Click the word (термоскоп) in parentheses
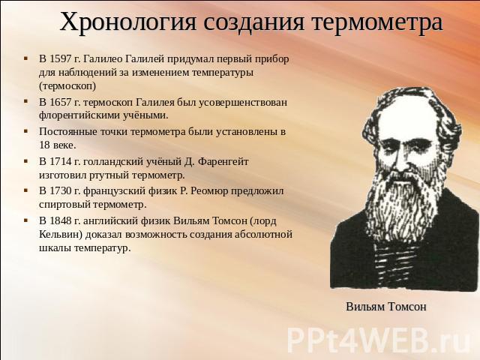click(x=67, y=86)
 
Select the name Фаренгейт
click(x=223, y=161)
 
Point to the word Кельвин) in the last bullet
click(x=61, y=235)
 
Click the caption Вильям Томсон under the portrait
click(x=386, y=307)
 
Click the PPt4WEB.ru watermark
click(x=379, y=340)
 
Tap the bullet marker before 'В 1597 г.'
click(x=26, y=58)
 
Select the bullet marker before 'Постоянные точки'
click(x=26, y=131)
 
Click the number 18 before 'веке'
click(x=44, y=145)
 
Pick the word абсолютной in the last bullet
click(x=263, y=235)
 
